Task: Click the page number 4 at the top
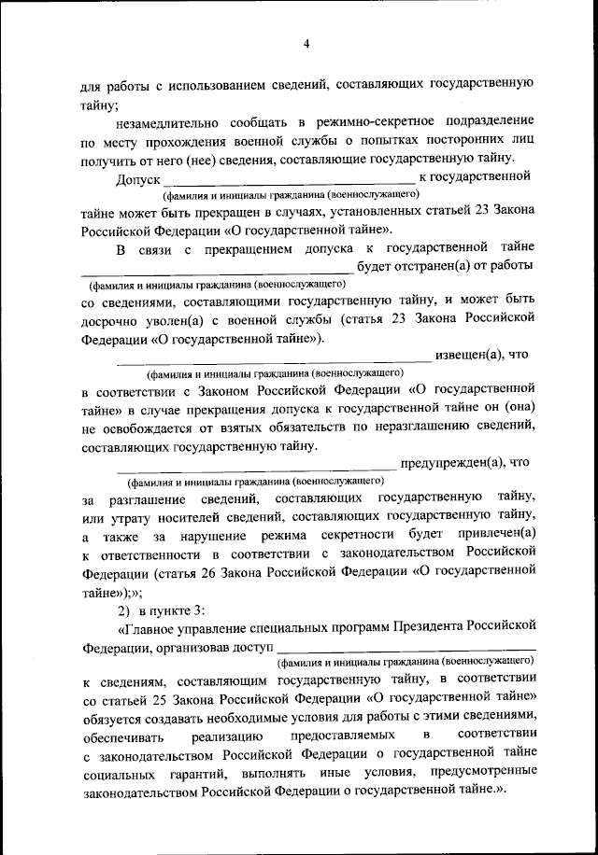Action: (306, 43)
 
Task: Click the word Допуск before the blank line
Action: (137, 178)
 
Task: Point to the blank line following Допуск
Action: (289, 182)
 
